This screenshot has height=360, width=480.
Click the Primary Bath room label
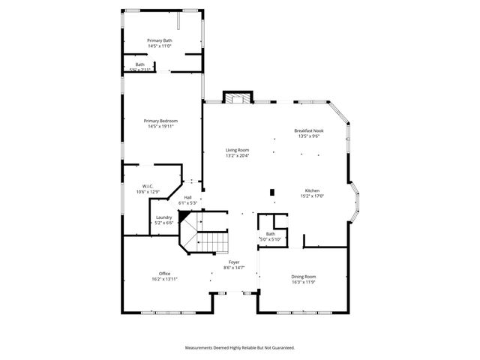(160, 40)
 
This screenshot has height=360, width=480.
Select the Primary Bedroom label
(160, 121)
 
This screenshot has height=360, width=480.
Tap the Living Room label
(238, 151)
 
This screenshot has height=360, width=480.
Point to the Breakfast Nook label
(309, 131)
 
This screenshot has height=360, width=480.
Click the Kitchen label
(313, 190)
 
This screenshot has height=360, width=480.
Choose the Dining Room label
(304, 277)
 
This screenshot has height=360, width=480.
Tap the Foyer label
(234, 262)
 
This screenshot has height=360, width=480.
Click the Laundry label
(164, 217)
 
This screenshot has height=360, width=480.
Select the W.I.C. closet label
(148, 186)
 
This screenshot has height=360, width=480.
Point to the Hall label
(187, 197)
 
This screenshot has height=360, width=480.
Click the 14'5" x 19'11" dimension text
(160, 127)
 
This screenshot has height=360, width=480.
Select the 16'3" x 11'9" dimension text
(304, 283)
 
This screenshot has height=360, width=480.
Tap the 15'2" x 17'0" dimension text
(313, 196)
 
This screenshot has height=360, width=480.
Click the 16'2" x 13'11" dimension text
(164, 279)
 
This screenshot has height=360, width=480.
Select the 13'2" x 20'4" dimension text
(238, 156)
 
